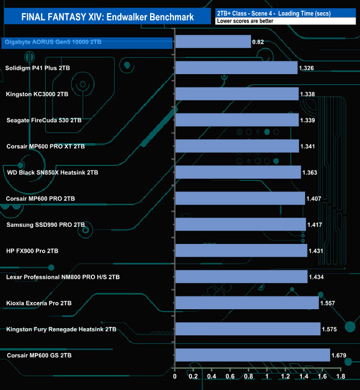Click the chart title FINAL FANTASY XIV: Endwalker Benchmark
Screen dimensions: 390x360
(x=107, y=17)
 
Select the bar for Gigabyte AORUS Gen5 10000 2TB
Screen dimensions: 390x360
(x=213, y=42)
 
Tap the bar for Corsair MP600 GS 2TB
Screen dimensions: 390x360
(x=252, y=355)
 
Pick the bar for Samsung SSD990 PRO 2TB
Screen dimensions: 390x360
(x=240, y=224)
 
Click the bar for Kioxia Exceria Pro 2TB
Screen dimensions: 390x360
(x=246, y=303)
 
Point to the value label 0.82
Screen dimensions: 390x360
(x=258, y=42)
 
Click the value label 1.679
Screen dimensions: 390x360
(x=340, y=355)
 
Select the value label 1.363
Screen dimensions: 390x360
(x=311, y=173)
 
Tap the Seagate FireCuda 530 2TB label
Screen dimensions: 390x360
(x=44, y=120)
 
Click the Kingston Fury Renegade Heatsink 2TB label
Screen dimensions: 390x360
(x=61, y=329)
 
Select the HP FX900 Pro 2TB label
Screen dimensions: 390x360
(x=39, y=251)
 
